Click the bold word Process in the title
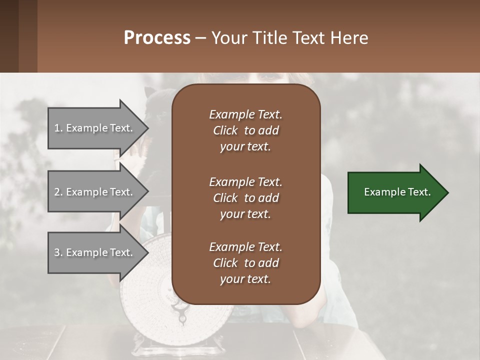point(157,38)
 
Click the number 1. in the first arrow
point(58,128)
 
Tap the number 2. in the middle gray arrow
point(58,192)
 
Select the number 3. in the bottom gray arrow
point(58,252)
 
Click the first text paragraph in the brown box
point(245,130)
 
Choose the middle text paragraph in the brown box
point(245,198)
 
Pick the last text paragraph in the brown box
point(245,263)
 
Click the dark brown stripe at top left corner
point(9,36)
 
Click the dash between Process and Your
point(200,38)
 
